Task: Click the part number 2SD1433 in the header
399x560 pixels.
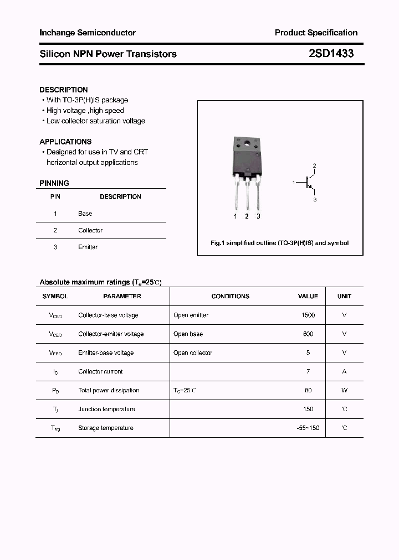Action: pyautogui.click(x=331, y=54)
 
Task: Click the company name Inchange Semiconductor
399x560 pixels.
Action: pyautogui.click(x=88, y=33)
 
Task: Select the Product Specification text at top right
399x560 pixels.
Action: pyautogui.click(x=316, y=33)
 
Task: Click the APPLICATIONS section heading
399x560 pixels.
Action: pyautogui.click(x=65, y=142)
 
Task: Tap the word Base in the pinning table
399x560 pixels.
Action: pyautogui.click(x=85, y=214)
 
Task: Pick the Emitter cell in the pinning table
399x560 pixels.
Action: pyautogui.click(x=88, y=247)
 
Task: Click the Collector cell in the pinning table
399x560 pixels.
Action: pyautogui.click(x=90, y=230)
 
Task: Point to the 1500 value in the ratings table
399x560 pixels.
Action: pyautogui.click(x=308, y=315)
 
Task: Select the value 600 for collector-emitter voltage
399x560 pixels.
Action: pyautogui.click(x=308, y=334)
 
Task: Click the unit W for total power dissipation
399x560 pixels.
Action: pyautogui.click(x=344, y=390)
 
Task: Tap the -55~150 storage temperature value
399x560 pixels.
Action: pyautogui.click(x=308, y=428)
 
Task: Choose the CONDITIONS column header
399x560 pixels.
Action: pyautogui.click(x=231, y=296)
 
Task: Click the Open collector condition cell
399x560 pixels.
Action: pyautogui.click(x=193, y=352)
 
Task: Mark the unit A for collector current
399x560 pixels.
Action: pyautogui.click(x=344, y=371)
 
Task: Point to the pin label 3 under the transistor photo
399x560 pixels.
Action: pyautogui.click(x=258, y=216)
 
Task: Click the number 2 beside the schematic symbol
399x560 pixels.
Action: pyautogui.click(x=314, y=166)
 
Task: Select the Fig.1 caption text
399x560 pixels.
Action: pyautogui.click(x=280, y=243)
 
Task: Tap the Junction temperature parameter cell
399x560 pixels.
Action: pyautogui.click(x=106, y=409)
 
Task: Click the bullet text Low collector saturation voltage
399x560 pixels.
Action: pyautogui.click(x=95, y=121)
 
